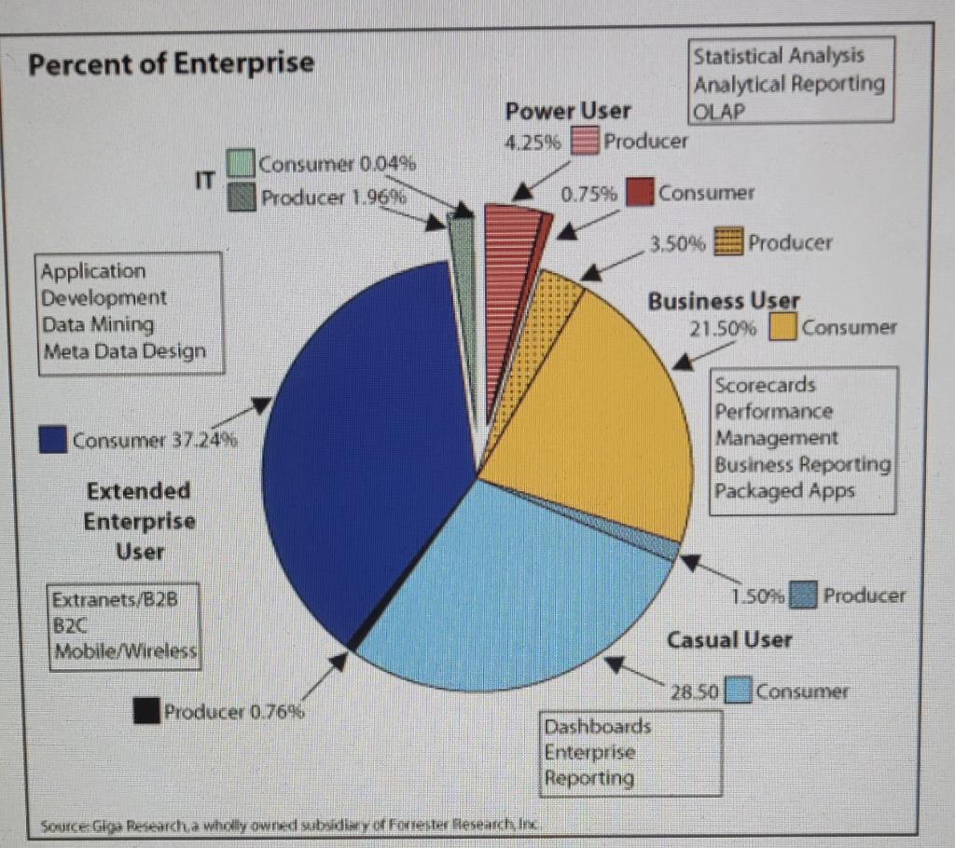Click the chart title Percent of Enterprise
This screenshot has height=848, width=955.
coord(171,64)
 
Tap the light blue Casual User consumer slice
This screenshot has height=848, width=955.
coord(522,587)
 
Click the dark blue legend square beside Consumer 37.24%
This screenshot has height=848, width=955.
coord(53,440)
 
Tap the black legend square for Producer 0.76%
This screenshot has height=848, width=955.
coord(145,712)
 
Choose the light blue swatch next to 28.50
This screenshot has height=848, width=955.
coord(739,691)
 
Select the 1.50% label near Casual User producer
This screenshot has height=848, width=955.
coord(762,594)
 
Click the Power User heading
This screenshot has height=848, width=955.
coord(567,111)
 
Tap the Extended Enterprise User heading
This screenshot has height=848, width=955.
coord(140,520)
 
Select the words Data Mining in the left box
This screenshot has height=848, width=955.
coord(98,325)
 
